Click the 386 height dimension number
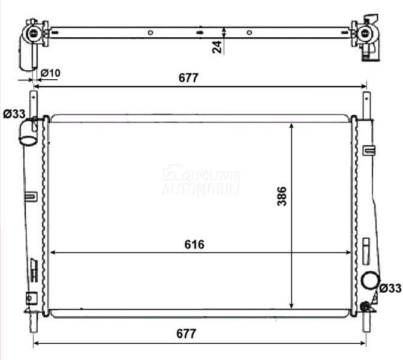[282, 196]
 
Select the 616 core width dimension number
[194, 245]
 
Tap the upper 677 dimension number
[188, 78]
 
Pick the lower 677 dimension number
[186, 334]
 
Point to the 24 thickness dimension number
[217, 47]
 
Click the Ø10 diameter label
[50, 73]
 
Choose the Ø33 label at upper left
[14, 114]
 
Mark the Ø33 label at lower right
[390, 288]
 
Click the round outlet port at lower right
[370, 281]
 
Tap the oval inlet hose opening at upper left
[28, 140]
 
